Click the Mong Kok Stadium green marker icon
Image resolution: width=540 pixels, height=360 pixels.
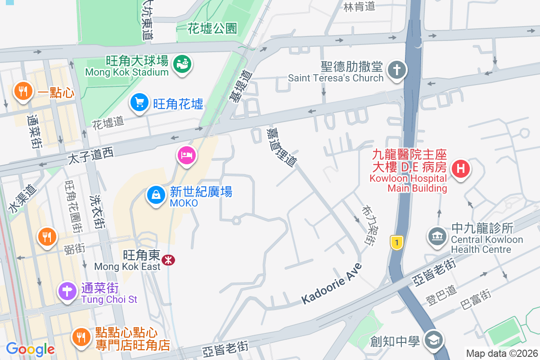183,64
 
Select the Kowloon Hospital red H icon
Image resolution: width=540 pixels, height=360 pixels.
460,169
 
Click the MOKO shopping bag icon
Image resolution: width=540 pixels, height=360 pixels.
156,195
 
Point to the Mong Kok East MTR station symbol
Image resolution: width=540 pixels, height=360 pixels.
168,260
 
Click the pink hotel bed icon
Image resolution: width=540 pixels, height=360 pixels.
186,156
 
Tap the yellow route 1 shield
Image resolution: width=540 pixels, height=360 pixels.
396,243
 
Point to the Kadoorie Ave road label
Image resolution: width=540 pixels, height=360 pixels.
332,283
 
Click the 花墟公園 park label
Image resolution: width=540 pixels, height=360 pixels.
212,29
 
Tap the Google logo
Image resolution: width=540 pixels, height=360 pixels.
30,349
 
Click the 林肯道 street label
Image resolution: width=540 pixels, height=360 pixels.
359,7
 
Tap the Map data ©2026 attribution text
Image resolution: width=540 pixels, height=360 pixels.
501,354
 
